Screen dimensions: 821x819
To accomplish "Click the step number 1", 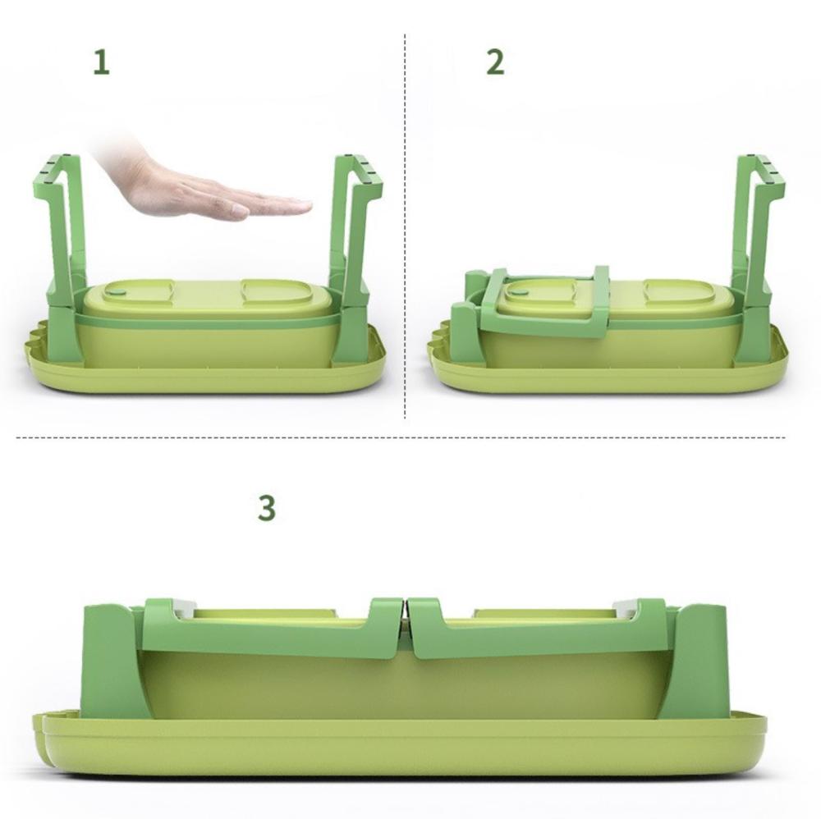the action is tap(101, 62).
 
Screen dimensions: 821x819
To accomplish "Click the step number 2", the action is tap(495, 62).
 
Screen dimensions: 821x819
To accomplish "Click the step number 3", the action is tap(267, 507).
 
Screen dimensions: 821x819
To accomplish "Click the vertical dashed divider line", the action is tap(405, 226).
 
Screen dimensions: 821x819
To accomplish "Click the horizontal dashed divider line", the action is tap(401, 437).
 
